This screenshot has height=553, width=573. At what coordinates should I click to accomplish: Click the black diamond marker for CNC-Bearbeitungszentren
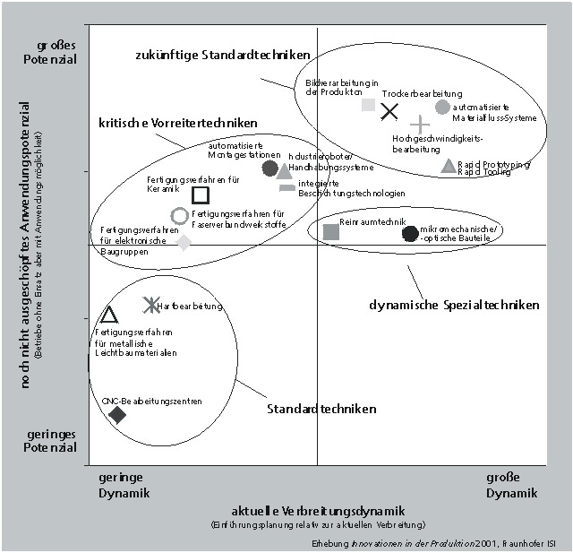(116, 414)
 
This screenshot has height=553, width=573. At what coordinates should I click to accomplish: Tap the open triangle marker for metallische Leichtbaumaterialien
(109, 315)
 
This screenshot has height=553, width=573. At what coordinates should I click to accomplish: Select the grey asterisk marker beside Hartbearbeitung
(151, 305)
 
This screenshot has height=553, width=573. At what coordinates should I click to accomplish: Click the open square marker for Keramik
(201, 194)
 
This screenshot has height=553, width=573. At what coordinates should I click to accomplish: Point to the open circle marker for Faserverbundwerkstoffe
(179, 215)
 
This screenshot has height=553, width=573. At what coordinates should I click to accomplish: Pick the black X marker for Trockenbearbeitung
(389, 111)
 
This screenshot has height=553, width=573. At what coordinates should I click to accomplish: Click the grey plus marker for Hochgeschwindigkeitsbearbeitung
(419, 125)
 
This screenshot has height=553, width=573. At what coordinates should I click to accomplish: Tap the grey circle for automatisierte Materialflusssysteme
(442, 107)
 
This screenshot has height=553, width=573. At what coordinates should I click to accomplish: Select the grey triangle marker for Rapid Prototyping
(449, 166)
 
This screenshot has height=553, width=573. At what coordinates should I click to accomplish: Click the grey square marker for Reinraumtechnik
(331, 232)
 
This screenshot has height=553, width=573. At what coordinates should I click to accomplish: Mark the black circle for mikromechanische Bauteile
(410, 234)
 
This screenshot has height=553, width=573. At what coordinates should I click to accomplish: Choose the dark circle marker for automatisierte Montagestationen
(270, 168)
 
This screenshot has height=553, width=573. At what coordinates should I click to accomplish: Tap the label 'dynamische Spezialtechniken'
(454, 305)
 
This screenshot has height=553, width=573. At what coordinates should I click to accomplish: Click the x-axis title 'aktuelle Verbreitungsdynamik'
(319, 510)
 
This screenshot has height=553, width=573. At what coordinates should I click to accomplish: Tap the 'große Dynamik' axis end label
(512, 485)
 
